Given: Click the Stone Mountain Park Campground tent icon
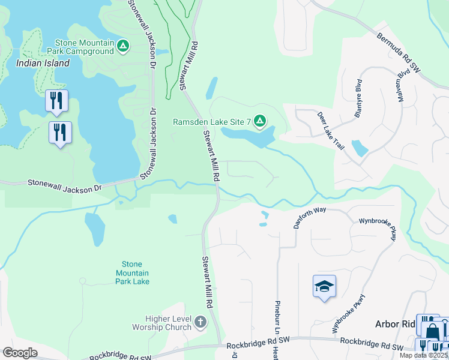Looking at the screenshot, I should [x=123, y=46].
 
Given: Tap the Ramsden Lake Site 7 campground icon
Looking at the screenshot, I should [x=260, y=122].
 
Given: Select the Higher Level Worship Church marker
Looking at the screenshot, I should [x=200, y=323].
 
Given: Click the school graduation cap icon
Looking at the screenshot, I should [x=324, y=286].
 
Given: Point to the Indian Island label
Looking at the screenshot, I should [x=39, y=62].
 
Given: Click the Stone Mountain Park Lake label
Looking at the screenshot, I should [x=132, y=272].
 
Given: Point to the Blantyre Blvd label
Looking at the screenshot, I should [x=358, y=98].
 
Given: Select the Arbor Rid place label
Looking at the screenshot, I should [x=396, y=324].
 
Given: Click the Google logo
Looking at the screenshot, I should [x=20, y=353].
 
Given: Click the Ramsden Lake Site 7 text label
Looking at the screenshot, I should [x=211, y=122].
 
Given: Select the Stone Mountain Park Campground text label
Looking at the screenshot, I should [x=84, y=47].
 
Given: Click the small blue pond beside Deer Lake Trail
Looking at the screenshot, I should [x=360, y=148].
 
